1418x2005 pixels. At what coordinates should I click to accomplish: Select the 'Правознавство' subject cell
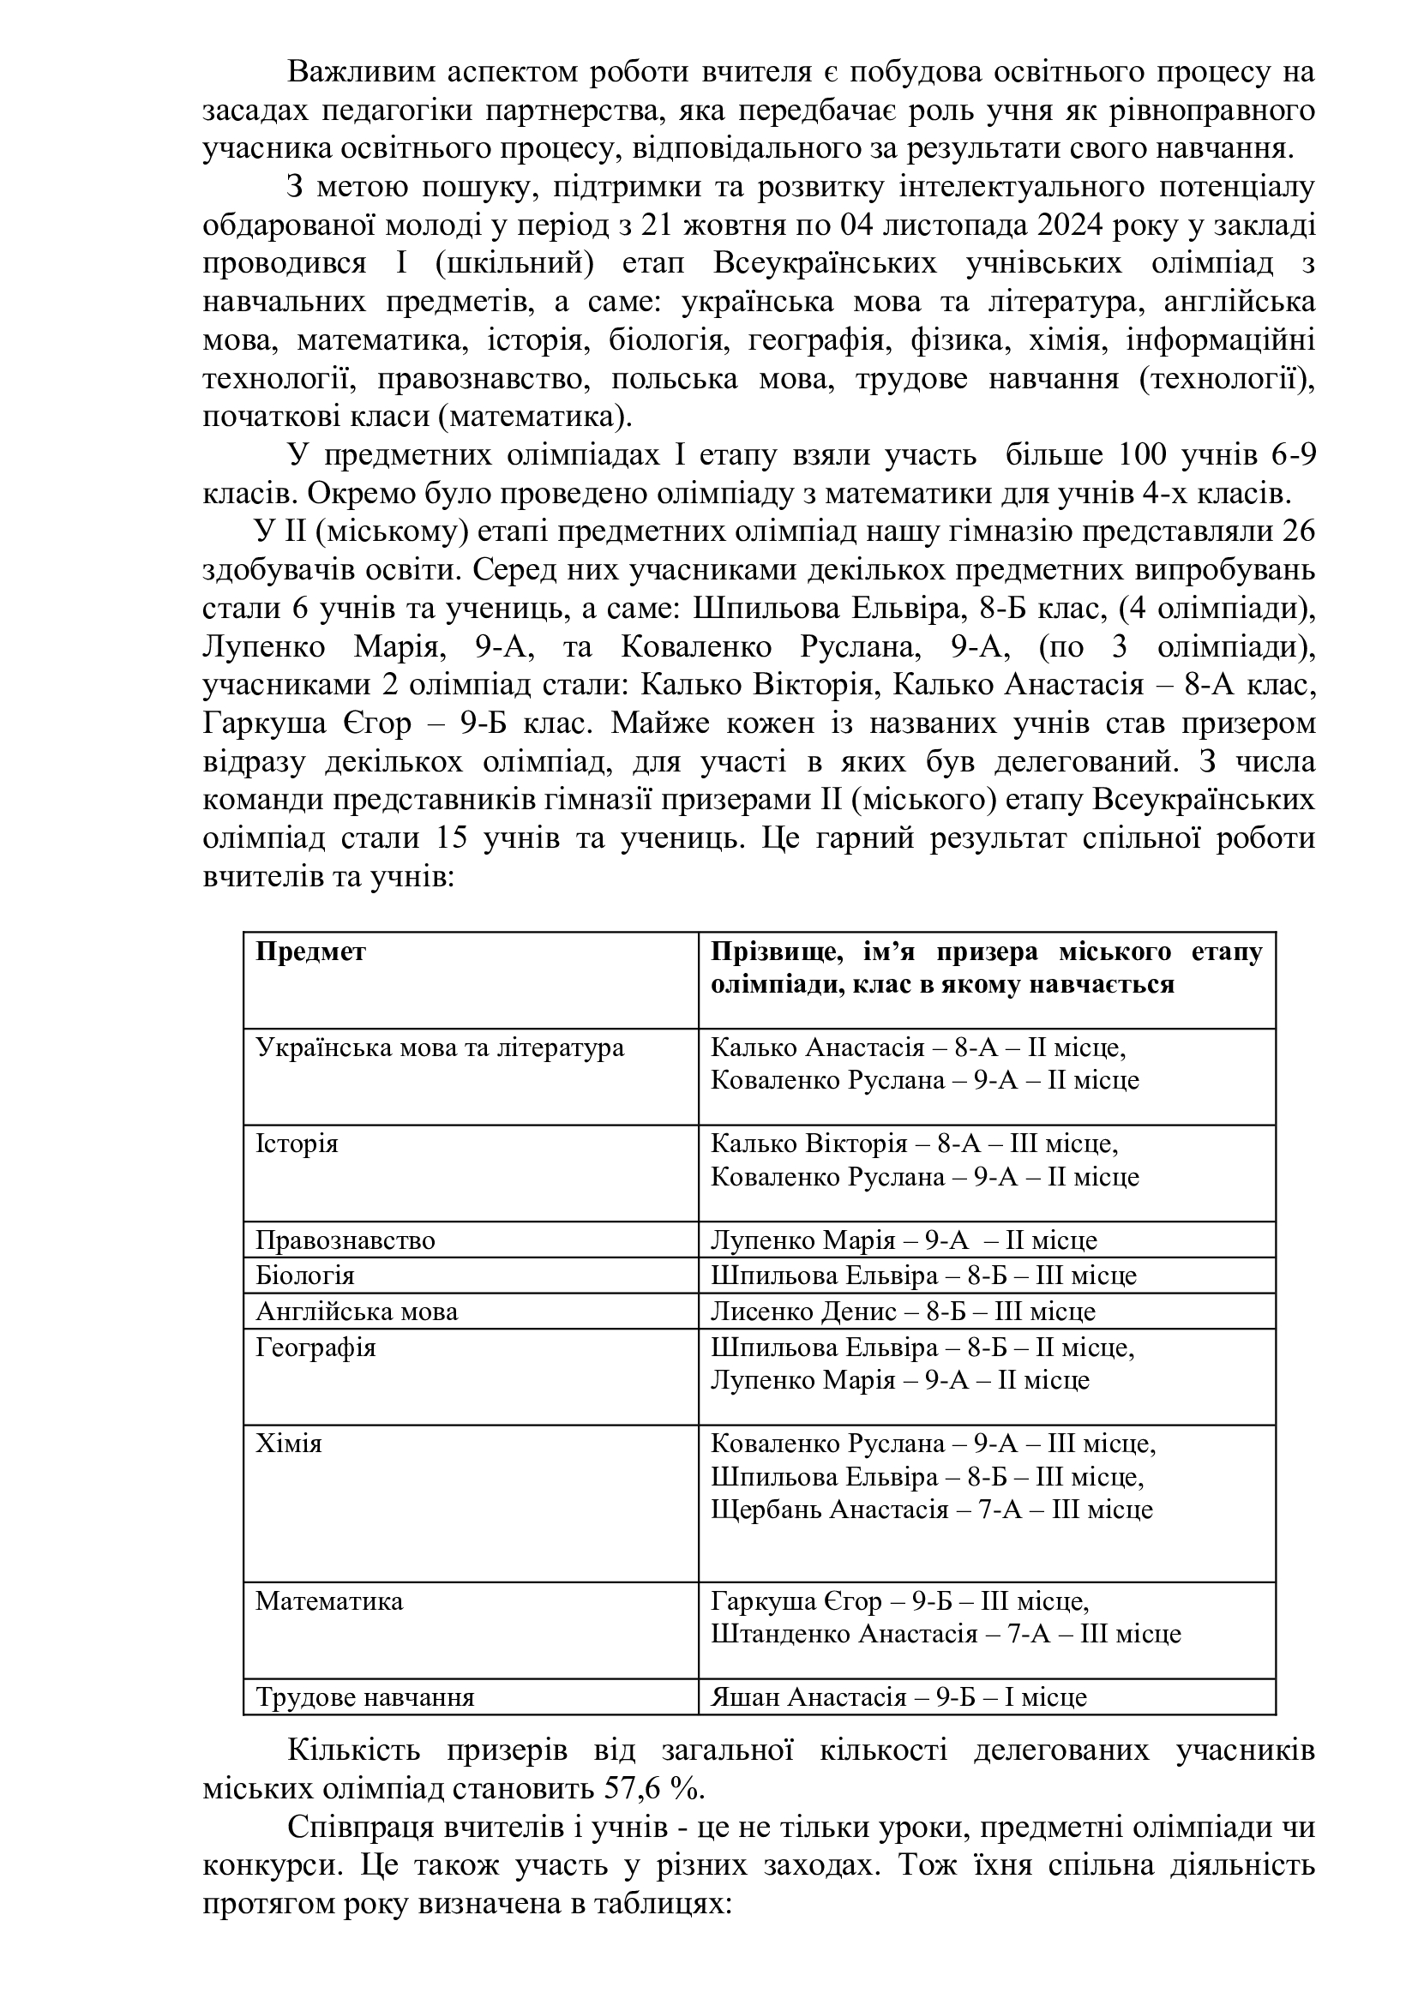345,1240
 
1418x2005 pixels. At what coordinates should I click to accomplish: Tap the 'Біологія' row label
304,1276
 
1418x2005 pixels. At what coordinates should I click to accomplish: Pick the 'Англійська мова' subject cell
357,1312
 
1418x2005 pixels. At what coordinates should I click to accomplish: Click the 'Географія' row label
315,1348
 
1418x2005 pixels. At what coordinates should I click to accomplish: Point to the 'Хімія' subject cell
289,1444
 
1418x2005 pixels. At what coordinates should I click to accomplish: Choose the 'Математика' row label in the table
329,1601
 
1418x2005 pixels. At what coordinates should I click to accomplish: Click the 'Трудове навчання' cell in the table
365,1697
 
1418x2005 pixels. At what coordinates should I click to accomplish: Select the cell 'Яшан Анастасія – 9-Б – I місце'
898,1697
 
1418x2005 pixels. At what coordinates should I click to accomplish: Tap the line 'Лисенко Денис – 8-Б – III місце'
903,1312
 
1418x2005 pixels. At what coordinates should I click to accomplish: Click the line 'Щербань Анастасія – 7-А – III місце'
932,1510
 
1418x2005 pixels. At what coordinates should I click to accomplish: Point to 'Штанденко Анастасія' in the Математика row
844,1634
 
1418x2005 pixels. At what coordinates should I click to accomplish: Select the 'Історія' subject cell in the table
296,1144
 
